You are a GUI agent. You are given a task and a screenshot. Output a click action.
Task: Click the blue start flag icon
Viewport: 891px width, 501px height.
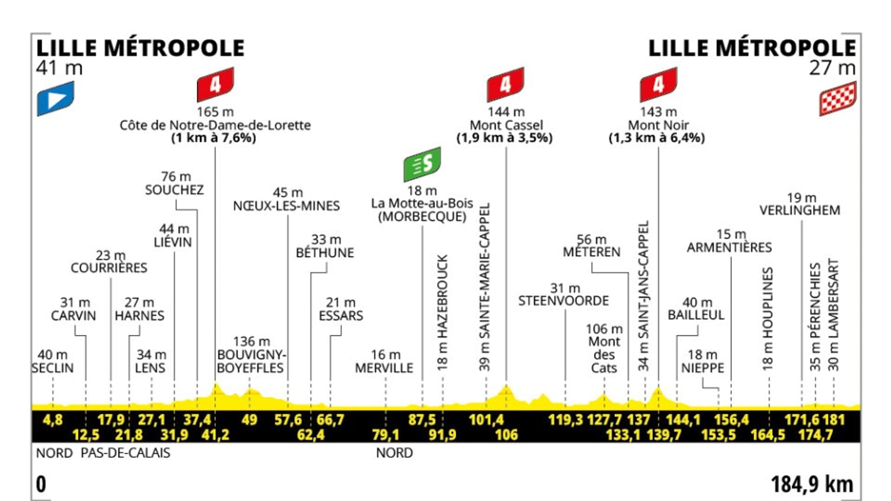[x=55, y=98]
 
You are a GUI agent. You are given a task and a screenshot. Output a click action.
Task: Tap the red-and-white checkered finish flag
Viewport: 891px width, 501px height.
[x=838, y=98]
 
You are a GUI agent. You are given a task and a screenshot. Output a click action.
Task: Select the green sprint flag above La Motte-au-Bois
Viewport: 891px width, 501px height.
[x=422, y=164]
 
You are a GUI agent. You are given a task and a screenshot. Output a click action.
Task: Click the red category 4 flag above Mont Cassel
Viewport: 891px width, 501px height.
[x=505, y=84]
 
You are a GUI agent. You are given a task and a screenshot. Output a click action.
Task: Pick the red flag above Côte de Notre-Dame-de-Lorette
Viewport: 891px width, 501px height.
[x=215, y=84]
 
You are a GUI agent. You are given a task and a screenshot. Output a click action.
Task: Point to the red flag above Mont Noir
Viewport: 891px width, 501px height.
[x=658, y=84]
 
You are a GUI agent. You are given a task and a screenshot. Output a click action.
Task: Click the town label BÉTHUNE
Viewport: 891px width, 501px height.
[x=325, y=253]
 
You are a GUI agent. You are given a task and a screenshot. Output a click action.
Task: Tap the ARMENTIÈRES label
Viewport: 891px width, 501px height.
[x=729, y=247]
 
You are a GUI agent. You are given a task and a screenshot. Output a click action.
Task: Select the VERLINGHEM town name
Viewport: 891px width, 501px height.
[x=800, y=210]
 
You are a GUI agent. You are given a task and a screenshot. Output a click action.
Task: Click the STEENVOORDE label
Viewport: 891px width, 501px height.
[x=563, y=301]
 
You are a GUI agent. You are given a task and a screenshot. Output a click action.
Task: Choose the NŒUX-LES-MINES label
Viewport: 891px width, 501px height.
[x=286, y=206]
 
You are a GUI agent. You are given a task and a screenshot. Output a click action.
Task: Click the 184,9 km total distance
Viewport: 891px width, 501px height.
[x=812, y=484]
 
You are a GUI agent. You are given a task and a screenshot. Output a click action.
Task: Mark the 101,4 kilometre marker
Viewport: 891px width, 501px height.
[x=486, y=420]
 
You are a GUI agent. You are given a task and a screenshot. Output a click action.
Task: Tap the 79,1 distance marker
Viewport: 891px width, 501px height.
[x=385, y=435]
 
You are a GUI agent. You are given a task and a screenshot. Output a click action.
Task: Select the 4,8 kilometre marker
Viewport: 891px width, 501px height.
[x=52, y=420]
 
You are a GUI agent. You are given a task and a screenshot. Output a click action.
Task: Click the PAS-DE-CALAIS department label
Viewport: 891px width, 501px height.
[x=125, y=453]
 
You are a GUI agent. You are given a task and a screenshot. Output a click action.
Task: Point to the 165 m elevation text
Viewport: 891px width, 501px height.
[x=215, y=112]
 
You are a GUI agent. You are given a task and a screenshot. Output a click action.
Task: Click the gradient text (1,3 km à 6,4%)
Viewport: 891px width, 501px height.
[x=657, y=138]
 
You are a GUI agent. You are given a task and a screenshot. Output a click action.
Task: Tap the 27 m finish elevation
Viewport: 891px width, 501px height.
[x=832, y=68]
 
